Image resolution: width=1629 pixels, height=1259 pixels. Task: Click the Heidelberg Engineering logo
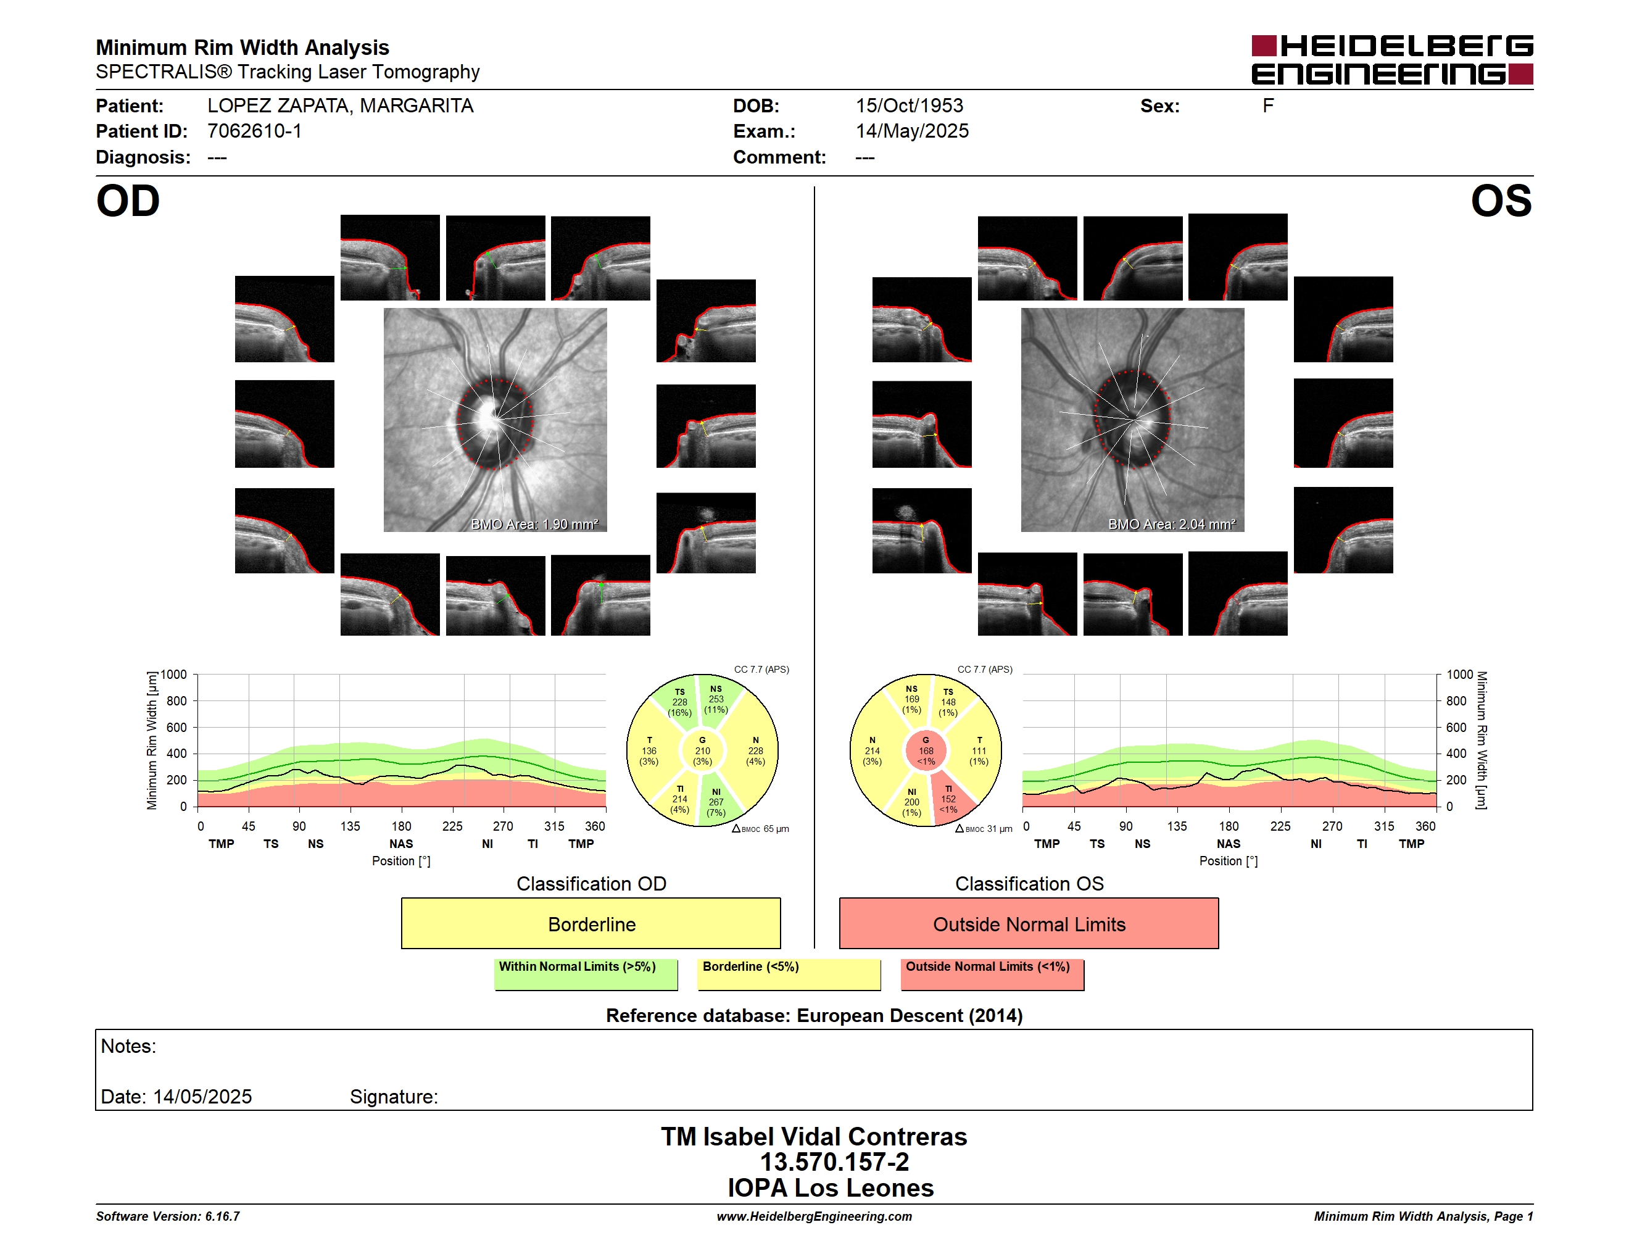point(1392,60)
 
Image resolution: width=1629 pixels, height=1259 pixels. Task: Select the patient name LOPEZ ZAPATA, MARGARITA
point(340,106)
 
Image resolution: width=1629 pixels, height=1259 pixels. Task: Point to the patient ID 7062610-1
point(254,131)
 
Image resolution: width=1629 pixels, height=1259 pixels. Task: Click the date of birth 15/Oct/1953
point(910,106)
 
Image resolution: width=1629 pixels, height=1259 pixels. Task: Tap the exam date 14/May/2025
point(912,131)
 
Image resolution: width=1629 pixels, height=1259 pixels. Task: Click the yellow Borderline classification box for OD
point(591,923)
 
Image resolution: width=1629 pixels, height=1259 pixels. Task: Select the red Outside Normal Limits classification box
point(1029,923)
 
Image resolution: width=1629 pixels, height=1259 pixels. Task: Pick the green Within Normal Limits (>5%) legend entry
point(586,974)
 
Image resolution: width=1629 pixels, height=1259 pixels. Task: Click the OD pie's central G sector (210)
point(702,751)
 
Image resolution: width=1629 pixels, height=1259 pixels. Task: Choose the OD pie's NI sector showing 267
point(719,802)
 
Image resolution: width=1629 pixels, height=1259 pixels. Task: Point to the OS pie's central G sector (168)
point(926,751)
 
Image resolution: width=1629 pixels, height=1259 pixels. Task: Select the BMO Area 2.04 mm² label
point(1172,525)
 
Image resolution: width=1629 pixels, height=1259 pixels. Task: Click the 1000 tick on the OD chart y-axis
point(174,675)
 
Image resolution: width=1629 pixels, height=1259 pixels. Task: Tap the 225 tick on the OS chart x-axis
point(1280,826)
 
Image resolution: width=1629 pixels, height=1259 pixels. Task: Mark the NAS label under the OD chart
point(401,844)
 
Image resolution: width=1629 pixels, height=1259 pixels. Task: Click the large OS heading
point(1501,201)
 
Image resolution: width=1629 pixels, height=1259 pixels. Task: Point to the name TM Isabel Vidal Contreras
point(814,1136)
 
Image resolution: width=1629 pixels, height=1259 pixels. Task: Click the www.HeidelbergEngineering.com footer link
point(814,1216)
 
